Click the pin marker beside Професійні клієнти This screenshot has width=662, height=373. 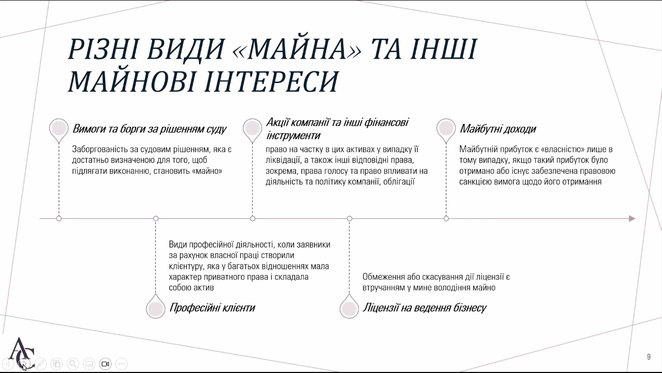pyautogui.click(x=156, y=307)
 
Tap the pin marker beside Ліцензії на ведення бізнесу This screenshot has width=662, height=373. pyautogui.click(x=349, y=307)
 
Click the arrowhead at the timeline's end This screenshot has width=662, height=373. pyautogui.click(x=632, y=219)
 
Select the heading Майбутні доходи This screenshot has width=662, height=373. pyautogui.click(x=498, y=129)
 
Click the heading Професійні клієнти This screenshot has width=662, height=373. pyautogui.click(x=212, y=307)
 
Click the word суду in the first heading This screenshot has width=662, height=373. pyautogui.click(x=217, y=129)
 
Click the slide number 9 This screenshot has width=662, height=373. pyautogui.click(x=649, y=357)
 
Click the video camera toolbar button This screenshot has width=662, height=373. pyautogui.click(x=105, y=364)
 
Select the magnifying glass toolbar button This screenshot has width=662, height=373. pyautogui.click(x=73, y=364)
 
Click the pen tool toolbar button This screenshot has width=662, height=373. pyautogui.click(x=41, y=364)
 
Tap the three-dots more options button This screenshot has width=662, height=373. pyautogui.click(x=122, y=364)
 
